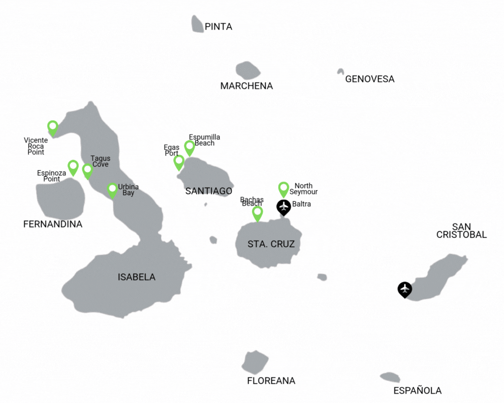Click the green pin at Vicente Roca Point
[53, 127]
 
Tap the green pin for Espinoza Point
[73, 167]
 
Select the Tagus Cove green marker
[88, 171]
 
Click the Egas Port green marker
[179, 162]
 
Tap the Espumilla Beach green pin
[189, 147]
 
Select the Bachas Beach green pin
[257, 213]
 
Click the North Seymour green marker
[283, 189]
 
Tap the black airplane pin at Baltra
[283, 207]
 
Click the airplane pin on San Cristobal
[405, 289]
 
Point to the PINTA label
[219, 27]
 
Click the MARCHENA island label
[247, 86]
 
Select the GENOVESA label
[370, 79]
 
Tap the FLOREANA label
[271, 381]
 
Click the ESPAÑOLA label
[417, 391]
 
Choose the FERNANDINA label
[53, 224]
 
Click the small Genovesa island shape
[340, 72]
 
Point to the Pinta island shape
[197, 24]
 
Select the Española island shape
[390, 377]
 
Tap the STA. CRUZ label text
[267, 244]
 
